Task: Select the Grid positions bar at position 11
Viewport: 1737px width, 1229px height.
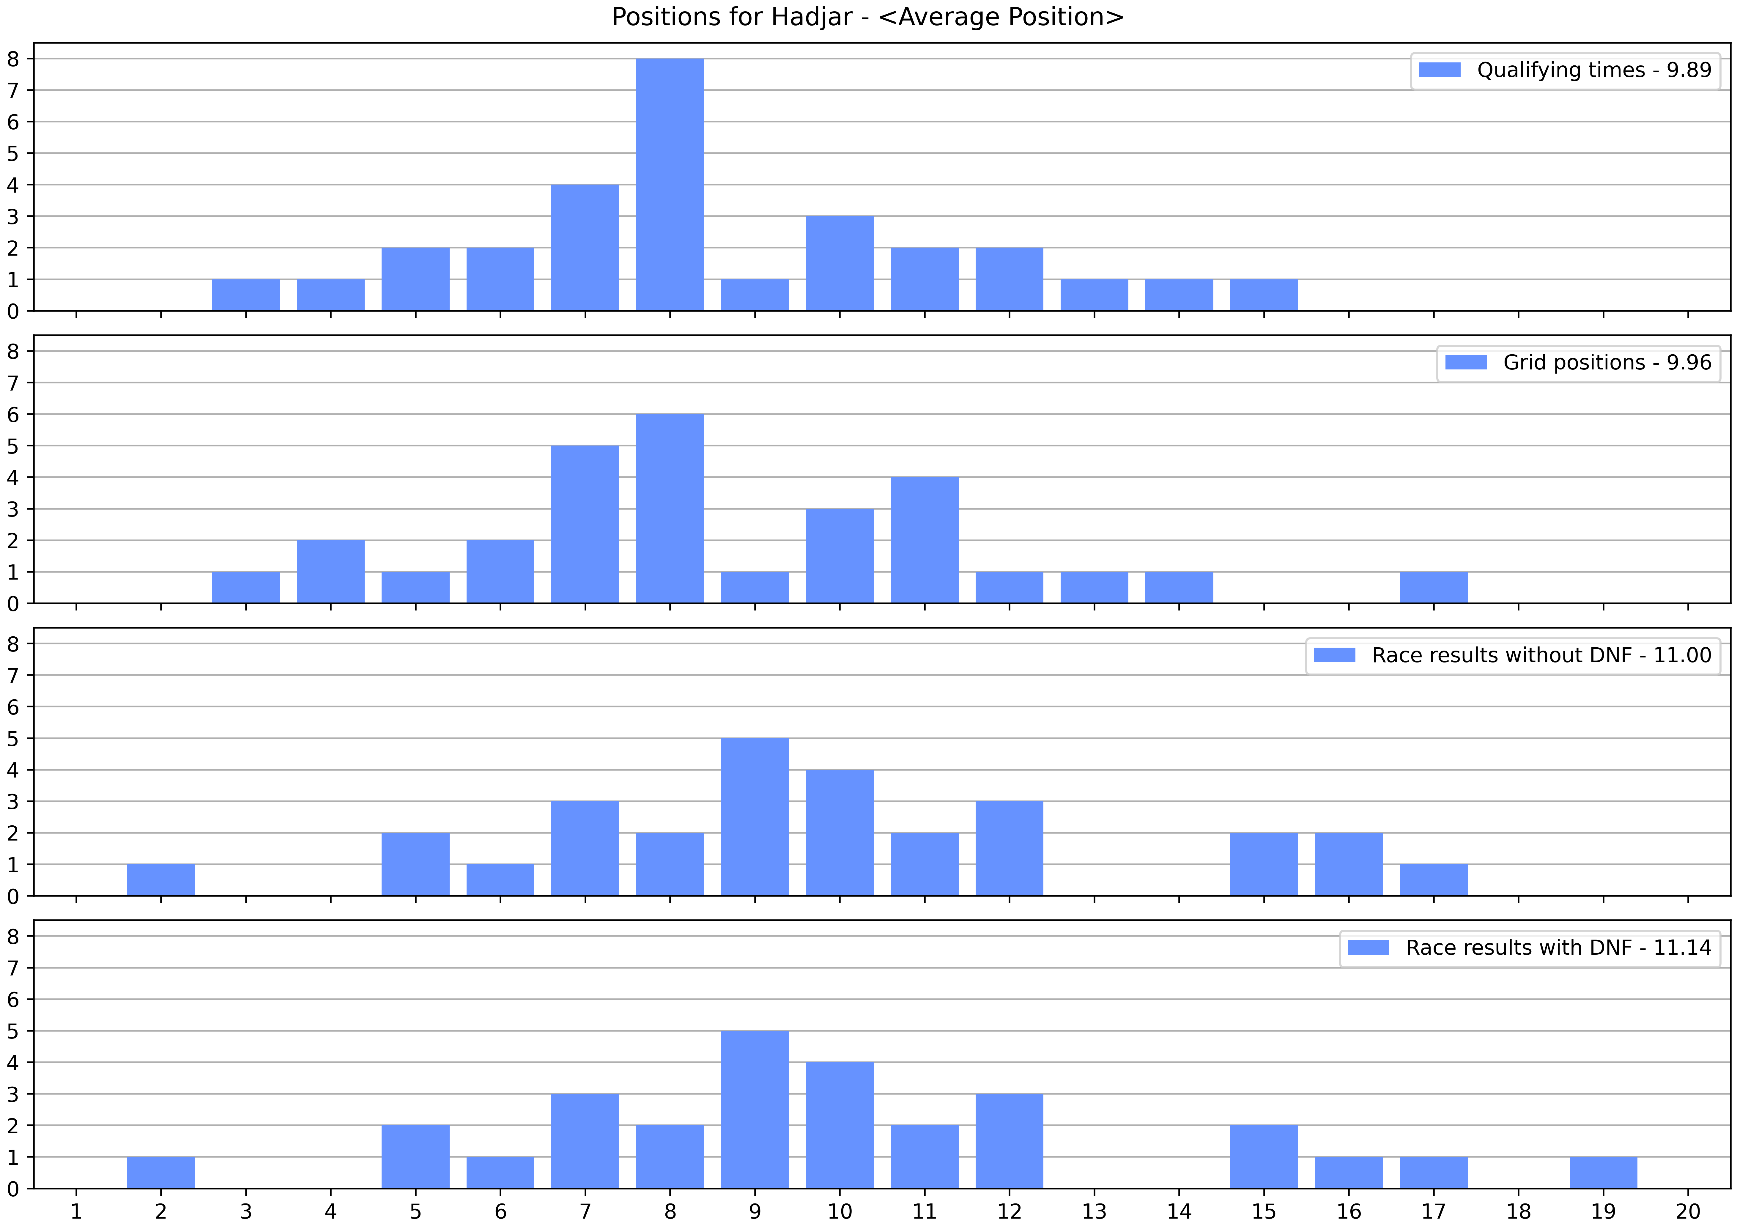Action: point(925,540)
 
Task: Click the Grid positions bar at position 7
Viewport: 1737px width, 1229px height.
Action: point(585,525)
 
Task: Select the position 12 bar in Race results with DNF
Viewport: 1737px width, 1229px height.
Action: point(1009,1141)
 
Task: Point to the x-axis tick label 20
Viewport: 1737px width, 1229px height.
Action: point(1688,1211)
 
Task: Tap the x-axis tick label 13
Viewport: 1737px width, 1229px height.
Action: point(1094,1211)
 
